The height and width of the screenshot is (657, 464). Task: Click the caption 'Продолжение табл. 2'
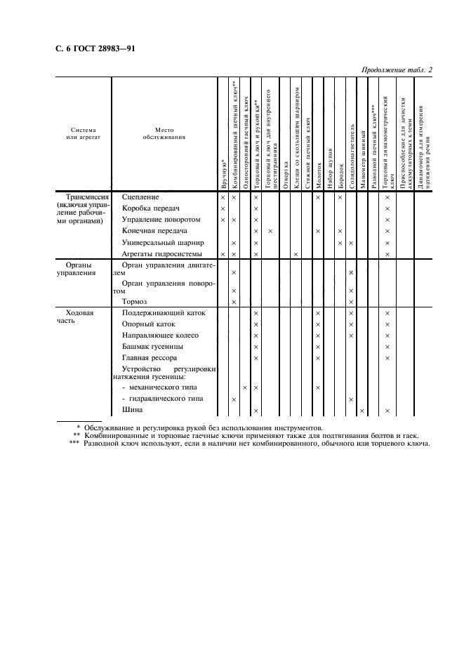(x=397, y=70)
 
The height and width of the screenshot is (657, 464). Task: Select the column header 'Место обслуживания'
(x=164, y=134)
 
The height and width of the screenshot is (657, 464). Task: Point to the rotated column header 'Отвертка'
(x=286, y=175)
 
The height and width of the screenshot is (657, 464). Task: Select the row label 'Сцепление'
(x=140, y=197)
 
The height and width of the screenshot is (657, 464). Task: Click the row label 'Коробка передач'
(x=151, y=208)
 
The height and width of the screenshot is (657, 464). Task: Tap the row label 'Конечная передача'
(x=154, y=231)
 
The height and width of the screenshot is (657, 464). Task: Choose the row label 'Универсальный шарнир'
(x=163, y=242)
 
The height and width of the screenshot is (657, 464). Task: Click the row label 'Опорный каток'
(x=148, y=324)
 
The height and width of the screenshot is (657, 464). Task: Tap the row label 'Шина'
(x=133, y=411)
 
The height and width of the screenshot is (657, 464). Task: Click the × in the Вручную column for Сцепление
(x=223, y=198)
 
